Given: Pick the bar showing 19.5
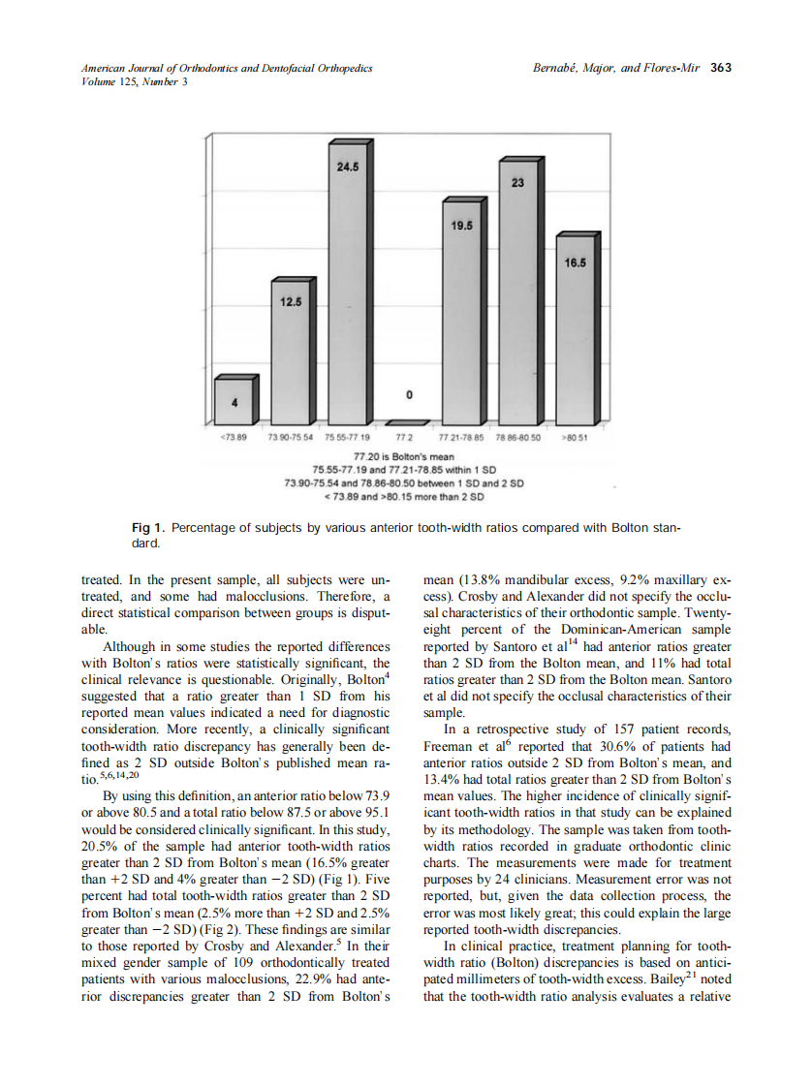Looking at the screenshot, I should (x=461, y=310).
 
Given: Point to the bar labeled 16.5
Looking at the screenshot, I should (x=575, y=329).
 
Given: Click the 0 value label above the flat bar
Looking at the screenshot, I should (x=409, y=395).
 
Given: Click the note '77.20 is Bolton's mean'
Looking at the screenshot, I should (x=404, y=455).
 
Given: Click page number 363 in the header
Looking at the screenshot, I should (x=720, y=68).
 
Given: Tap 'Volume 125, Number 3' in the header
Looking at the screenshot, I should (x=125, y=81).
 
